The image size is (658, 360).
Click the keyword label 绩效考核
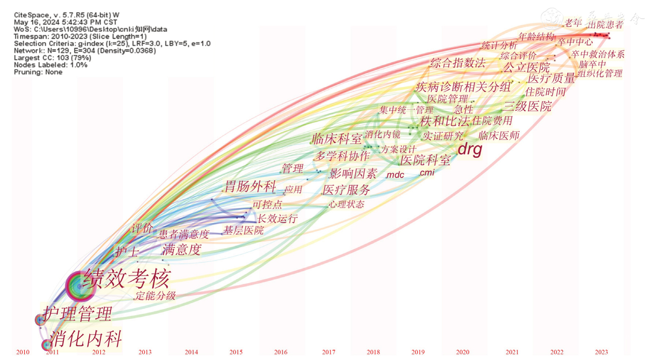127,279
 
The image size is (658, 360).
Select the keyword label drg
470,149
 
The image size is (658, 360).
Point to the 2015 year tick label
236,352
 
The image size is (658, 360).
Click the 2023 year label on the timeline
601,352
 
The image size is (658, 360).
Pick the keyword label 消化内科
86,338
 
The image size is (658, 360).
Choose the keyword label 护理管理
77,314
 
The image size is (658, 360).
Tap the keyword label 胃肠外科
250,186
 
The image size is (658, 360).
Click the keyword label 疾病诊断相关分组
463,87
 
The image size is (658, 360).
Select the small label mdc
395,175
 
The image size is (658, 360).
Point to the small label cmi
427,172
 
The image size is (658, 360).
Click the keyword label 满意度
182,250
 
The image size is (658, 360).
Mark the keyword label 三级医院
527,106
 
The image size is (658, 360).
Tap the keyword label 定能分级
156,296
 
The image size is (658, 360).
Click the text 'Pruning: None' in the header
38,72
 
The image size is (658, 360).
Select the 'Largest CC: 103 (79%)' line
52,58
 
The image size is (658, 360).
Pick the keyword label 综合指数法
458,63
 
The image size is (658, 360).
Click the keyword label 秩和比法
445,121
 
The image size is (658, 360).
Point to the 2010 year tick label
23,352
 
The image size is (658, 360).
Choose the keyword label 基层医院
243,230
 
